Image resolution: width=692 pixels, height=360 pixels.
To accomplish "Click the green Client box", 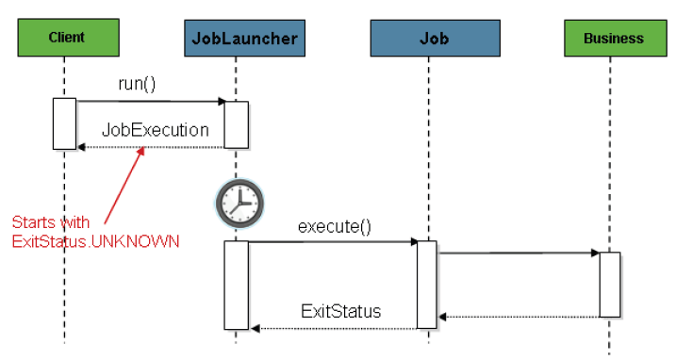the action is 69,38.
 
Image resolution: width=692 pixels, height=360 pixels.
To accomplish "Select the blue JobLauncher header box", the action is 244,38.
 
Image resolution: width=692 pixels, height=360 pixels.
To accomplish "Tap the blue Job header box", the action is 436,38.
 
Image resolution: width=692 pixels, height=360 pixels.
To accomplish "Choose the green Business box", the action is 616,38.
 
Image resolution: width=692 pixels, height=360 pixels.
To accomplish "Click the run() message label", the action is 137,84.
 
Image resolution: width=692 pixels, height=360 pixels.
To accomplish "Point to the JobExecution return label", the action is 156,130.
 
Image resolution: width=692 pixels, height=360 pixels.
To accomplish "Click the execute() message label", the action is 335,226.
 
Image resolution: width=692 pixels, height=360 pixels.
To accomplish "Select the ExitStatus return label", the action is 340,311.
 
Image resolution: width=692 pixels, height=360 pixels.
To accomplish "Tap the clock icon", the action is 239,204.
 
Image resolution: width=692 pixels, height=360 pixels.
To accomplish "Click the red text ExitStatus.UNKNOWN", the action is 96,241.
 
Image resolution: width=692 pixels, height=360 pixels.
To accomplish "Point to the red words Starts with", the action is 51,221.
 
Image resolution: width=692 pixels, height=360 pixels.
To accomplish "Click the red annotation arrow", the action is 124,186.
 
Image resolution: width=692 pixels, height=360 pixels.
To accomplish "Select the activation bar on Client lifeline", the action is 64,123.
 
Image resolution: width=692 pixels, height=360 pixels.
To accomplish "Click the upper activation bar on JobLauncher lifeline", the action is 237,124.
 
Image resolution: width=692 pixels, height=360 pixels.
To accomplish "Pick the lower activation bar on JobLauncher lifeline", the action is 237,285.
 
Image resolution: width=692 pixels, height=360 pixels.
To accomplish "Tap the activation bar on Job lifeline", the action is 427,285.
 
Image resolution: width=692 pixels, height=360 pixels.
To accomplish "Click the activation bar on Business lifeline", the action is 610,285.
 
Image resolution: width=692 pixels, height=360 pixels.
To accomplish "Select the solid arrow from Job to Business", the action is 519,254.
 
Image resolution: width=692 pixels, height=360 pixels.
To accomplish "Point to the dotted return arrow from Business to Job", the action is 519,317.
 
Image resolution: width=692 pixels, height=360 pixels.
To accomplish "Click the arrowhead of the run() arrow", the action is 222,102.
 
